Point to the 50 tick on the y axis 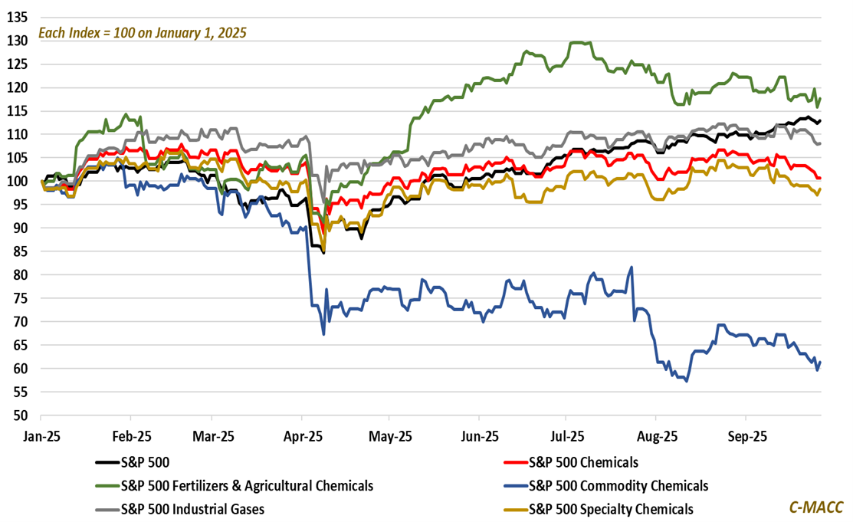(x=18, y=415)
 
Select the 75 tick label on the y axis (x=18, y=298)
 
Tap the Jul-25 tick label (x=568, y=436)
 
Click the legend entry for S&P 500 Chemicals (x=583, y=462)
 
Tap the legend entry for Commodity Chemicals (x=618, y=485)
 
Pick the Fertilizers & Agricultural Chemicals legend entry (x=247, y=485)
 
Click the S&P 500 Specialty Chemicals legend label (x=611, y=509)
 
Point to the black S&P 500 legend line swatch (x=107, y=462)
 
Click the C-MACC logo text (x=816, y=507)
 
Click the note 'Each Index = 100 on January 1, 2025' (x=143, y=34)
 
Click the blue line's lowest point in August (x=687, y=381)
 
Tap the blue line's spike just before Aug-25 (x=631, y=268)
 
